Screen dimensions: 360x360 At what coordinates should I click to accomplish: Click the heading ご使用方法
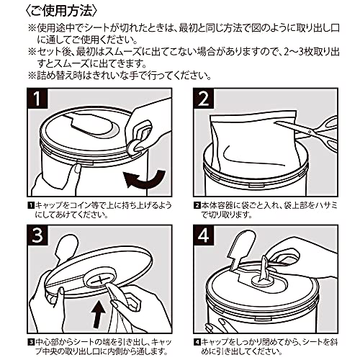pyautogui.click(x=61, y=11)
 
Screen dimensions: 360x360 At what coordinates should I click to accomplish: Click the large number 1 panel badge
pyautogui.click(x=37, y=98)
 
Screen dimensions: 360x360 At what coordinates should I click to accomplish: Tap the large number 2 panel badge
pyautogui.click(x=204, y=98)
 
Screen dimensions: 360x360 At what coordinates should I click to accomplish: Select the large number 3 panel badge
pyautogui.click(x=37, y=235)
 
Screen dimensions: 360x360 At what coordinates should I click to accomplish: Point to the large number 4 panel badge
pyautogui.click(x=204, y=235)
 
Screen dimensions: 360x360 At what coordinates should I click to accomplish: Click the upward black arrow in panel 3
pyautogui.click(x=99, y=315)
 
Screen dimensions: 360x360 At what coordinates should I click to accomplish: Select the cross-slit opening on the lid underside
pyautogui.click(x=100, y=280)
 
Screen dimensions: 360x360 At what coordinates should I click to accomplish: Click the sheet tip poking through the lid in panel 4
pyautogui.click(x=264, y=268)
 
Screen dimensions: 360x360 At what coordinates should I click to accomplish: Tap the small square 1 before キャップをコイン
pyautogui.click(x=31, y=206)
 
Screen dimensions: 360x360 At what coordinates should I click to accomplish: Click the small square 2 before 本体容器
pyautogui.click(x=197, y=206)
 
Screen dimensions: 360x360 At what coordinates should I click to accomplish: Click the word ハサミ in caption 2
pyautogui.click(x=325, y=206)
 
